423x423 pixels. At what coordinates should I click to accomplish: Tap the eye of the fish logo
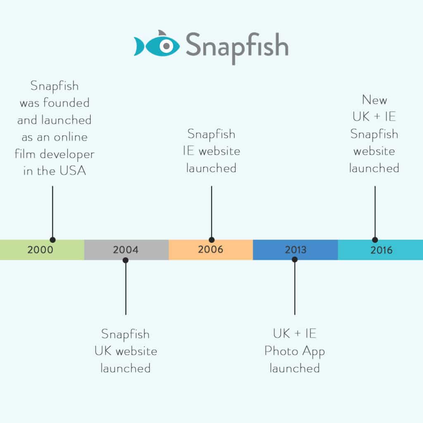[166, 46]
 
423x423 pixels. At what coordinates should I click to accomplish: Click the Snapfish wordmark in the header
[237, 47]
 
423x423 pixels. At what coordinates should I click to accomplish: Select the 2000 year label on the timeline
[40, 250]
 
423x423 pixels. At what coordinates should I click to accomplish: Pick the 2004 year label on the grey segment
[126, 250]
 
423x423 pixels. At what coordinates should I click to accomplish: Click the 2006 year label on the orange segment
[211, 250]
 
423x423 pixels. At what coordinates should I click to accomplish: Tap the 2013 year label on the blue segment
[296, 250]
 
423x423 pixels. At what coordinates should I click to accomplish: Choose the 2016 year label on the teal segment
[381, 250]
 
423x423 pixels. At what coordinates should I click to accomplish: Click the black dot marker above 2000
[52, 240]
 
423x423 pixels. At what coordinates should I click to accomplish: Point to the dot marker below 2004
[126, 260]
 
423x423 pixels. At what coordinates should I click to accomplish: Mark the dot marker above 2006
[212, 240]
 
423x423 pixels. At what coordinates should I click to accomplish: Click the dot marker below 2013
[295, 259]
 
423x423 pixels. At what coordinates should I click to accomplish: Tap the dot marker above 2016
[375, 240]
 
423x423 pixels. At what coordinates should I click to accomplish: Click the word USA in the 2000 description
[73, 171]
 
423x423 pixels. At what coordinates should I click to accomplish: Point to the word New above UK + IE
[374, 100]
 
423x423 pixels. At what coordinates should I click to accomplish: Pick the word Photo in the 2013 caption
[281, 351]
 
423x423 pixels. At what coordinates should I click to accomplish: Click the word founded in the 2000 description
[67, 102]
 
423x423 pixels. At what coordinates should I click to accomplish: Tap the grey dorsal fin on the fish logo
[162, 33]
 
